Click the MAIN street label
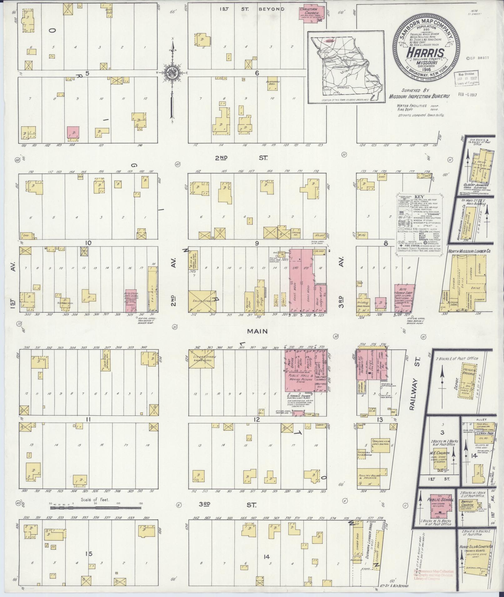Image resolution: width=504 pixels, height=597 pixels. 257,331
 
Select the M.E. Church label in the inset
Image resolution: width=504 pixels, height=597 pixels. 439,453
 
